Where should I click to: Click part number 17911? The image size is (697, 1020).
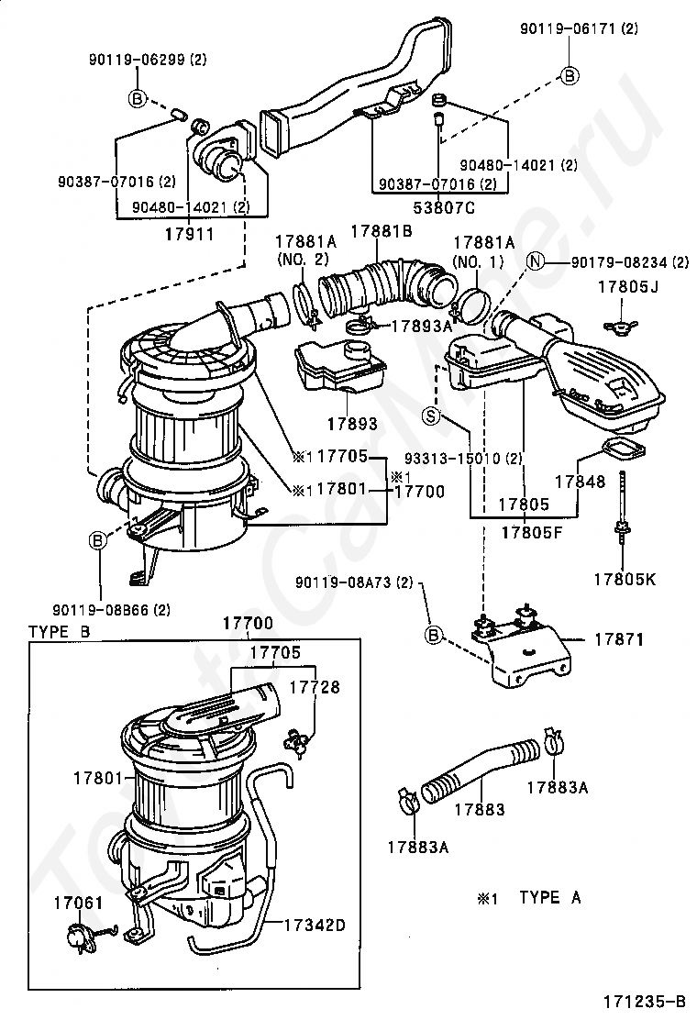[189, 234]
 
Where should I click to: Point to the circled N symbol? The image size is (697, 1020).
[537, 263]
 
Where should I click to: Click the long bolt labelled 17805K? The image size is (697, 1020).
[624, 514]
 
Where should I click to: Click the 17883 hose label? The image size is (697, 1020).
[479, 810]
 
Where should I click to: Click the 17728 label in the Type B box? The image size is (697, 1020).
[315, 686]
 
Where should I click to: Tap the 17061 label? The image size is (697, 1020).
[79, 903]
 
